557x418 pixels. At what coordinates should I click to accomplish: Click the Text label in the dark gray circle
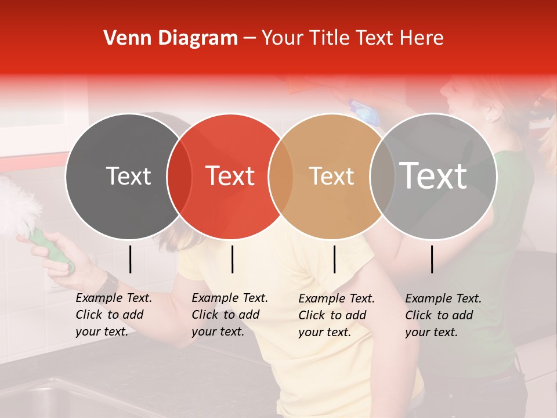128,176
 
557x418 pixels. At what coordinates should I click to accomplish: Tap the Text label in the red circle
230,176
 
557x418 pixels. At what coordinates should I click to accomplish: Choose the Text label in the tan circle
332,176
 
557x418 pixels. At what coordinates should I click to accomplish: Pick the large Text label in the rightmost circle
433,176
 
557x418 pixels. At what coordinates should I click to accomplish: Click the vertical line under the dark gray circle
131,259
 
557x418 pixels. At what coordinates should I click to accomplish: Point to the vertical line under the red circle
233,259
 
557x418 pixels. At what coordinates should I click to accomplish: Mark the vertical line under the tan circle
335,259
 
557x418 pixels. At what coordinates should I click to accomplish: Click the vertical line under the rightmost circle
432,259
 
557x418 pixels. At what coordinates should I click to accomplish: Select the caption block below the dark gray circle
114,315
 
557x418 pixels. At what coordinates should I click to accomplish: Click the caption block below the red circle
230,315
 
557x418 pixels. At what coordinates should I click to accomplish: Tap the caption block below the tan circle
337,315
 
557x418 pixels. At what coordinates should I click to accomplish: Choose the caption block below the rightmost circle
443,315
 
